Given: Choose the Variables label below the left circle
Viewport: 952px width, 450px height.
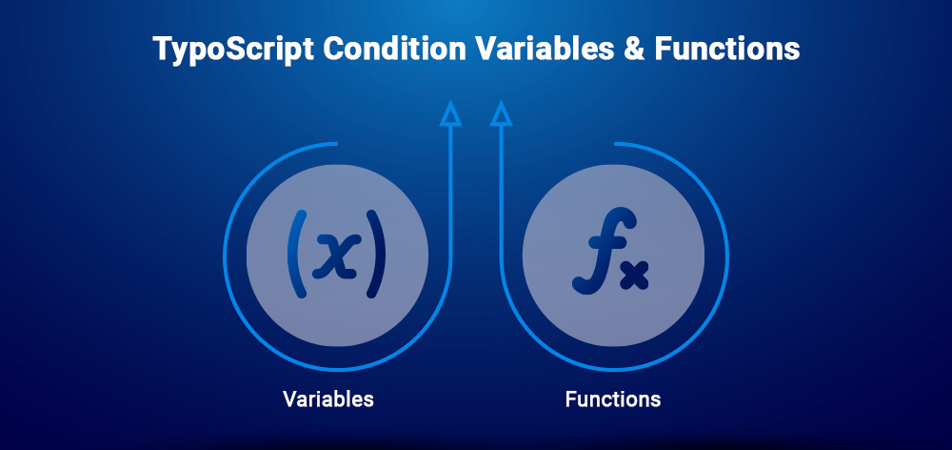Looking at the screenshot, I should [x=328, y=399].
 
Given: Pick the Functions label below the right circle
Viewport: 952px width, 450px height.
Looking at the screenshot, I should [x=613, y=399].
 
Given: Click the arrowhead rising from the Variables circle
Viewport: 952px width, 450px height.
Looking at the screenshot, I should [x=451, y=114].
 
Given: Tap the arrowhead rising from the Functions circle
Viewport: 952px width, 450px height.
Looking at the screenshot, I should [x=501, y=114].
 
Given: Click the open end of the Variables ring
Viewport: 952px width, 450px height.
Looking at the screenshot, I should [x=335, y=144].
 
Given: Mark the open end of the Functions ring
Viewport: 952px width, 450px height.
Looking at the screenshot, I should [x=617, y=144].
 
